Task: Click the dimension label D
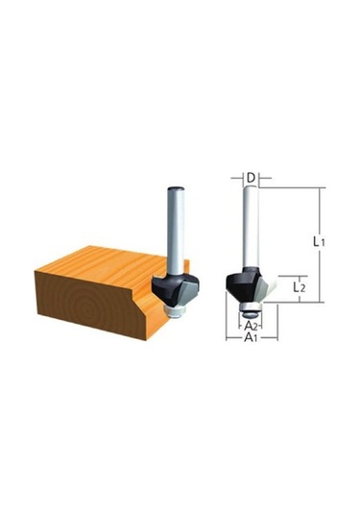point(251,178)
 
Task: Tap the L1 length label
point(319,242)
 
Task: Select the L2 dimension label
point(300,287)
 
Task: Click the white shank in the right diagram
point(252,226)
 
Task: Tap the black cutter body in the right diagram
point(242,285)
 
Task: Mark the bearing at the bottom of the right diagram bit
point(252,309)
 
